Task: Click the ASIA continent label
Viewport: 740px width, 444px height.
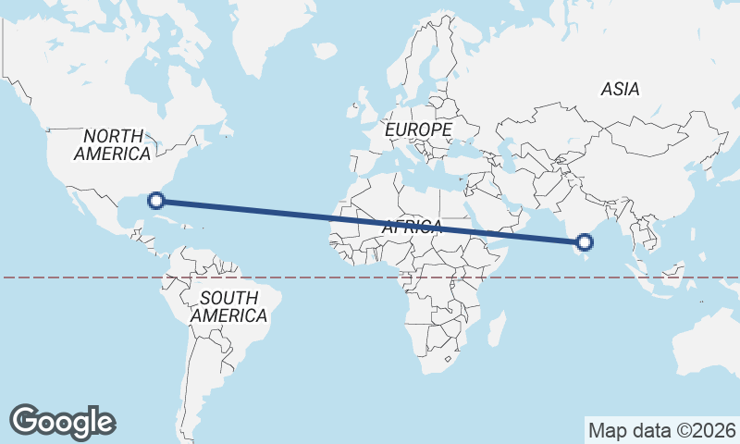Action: click(x=620, y=89)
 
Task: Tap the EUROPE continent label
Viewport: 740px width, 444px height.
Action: click(x=419, y=129)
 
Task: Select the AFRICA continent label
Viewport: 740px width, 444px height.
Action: click(x=412, y=227)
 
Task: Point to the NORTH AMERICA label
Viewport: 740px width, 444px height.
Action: click(x=113, y=145)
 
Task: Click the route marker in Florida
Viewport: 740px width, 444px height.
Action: click(x=157, y=200)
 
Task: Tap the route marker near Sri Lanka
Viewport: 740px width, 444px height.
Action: click(x=584, y=243)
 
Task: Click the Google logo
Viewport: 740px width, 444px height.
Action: click(x=62, y=421)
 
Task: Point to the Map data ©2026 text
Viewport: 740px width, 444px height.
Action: click(x=661, y=430)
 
